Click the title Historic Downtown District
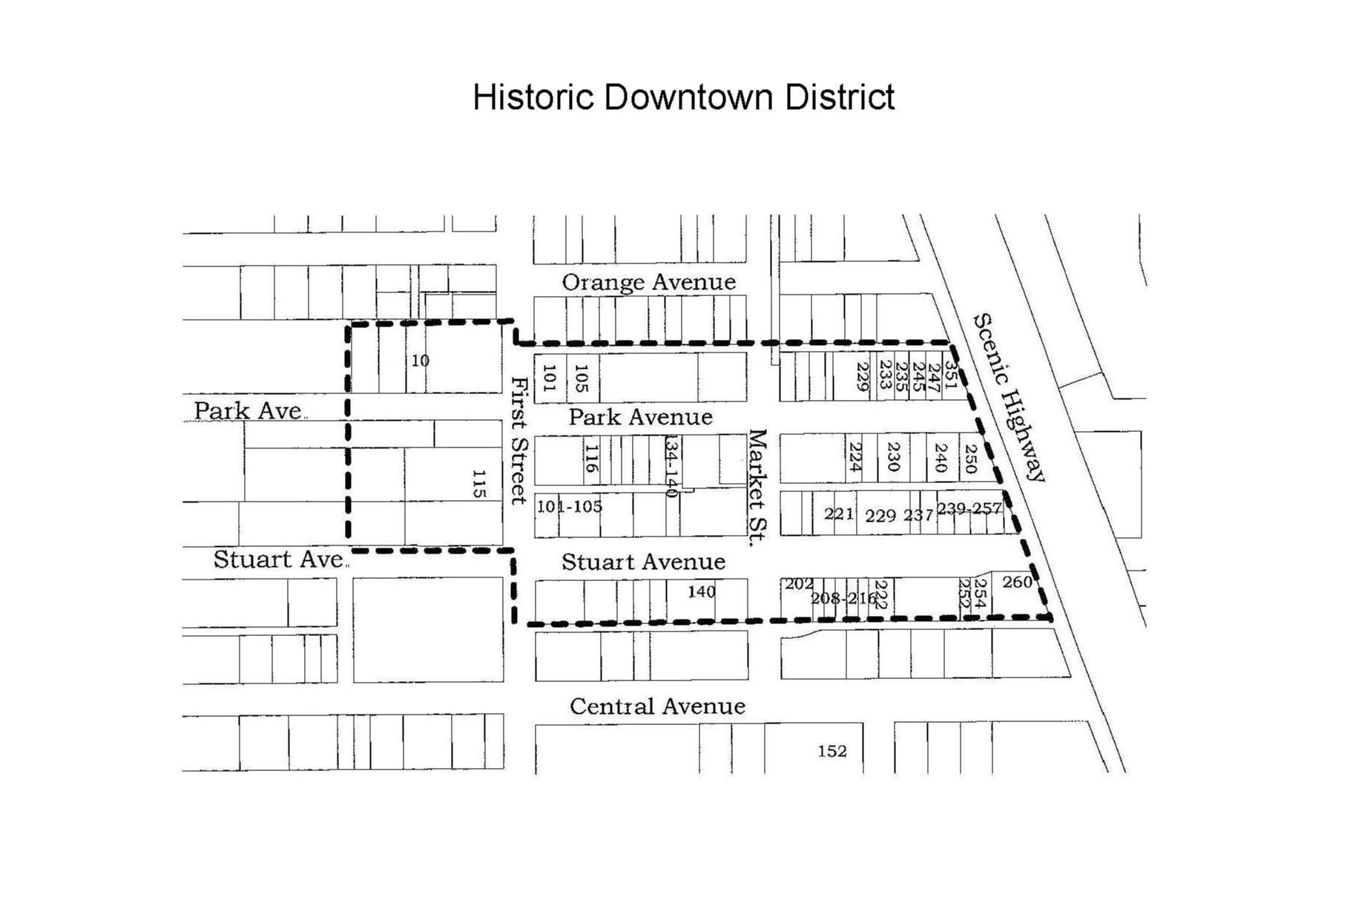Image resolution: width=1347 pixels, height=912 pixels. click(683, 97)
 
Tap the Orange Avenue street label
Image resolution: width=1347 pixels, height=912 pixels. click(648, 282)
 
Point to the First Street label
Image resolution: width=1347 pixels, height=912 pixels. click(519, 440)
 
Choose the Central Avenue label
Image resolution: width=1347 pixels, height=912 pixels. click(657, 706)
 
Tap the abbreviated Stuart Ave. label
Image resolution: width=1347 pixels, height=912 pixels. click(280, 559)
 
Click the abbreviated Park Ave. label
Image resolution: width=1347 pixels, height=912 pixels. click(249, 410)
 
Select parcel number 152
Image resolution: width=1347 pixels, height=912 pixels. click(831, 751)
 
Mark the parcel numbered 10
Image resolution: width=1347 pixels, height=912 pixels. click(420, 361)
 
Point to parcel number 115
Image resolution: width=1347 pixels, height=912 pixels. click(479, 483)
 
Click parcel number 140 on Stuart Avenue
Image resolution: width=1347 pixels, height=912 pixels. click(701, 591)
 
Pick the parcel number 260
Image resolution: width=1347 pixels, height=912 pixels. click(1017, 583)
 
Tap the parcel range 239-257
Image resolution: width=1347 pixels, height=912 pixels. click(969, 508)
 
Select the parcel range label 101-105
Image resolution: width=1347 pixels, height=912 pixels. click(570, 506)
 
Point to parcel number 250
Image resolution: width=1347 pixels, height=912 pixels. click(970, 459)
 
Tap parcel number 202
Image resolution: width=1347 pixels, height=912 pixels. click(799, 584)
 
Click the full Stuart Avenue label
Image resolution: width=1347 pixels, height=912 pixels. click(643, 562)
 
